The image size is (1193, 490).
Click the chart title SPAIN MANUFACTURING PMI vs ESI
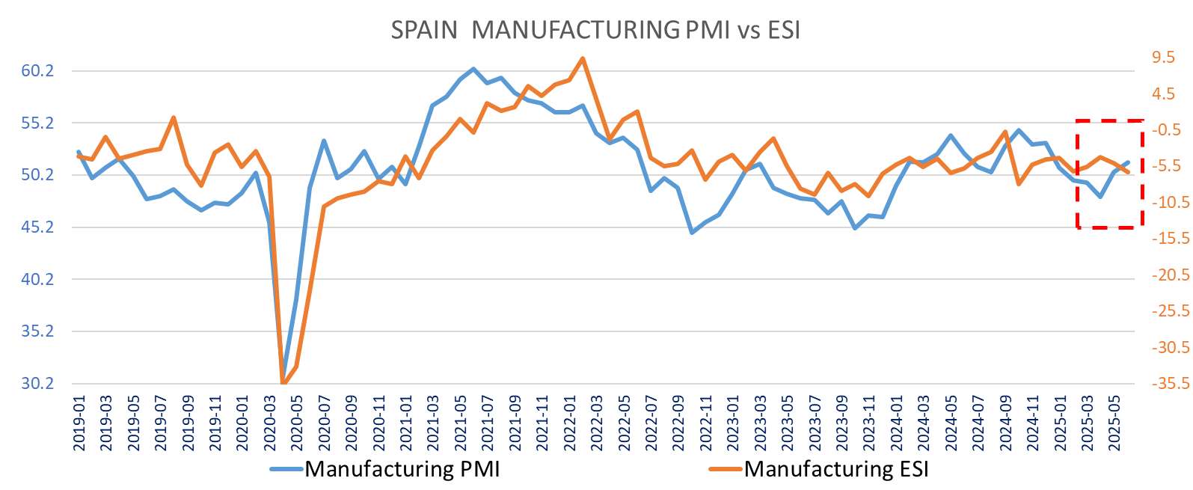point(595,30)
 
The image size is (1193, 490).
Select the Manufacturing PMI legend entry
point(402,469)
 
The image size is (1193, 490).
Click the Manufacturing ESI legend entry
point(836,469)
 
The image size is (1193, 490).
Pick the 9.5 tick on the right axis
point(1163,58)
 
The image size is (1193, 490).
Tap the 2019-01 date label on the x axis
point(79,423)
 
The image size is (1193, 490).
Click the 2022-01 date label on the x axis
point(569,423)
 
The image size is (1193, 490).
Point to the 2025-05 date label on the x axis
point(1114,423)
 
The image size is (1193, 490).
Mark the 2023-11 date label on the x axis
point(868,423)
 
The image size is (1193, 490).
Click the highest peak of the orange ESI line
point(583,58)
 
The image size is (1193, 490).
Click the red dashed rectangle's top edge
point(1110,120)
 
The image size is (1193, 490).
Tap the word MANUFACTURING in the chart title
point(576,30)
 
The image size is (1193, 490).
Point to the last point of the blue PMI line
point(1128,162)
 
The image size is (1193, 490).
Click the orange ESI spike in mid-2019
point(174,117)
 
